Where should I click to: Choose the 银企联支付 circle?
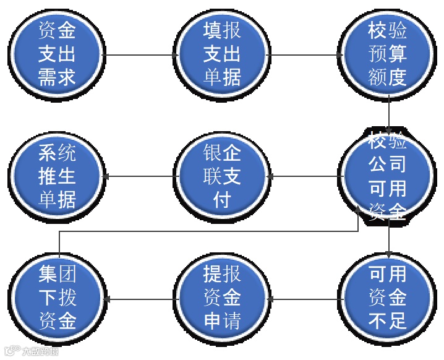[x=222, y=177]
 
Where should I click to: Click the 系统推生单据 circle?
[x=57, y=177]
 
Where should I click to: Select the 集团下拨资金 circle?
[x=57, y=299]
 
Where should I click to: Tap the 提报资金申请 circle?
[x=222, y=299]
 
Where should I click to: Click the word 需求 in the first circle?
[x=57, y=77]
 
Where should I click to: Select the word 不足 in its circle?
[x=387, y=321]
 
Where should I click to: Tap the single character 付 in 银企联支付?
[x=221, y=200]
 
